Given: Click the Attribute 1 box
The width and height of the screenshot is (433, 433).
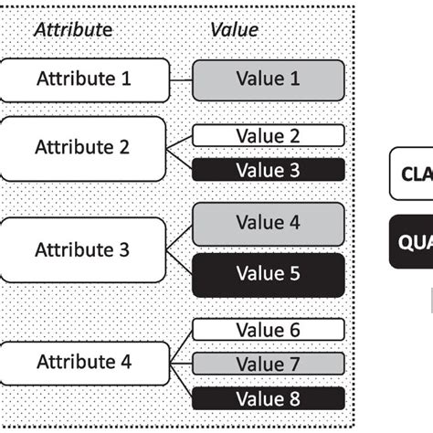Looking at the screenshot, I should click(x=84, y=79).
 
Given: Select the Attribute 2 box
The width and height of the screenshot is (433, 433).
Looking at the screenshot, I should click(x=84, y=146).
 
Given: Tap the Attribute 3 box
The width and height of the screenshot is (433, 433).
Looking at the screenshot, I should click(x=84, y=248).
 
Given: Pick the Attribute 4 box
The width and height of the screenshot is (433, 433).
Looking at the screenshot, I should click(x=84, y=362).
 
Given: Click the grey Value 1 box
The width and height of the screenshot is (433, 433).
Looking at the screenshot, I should click(x=268, y=79).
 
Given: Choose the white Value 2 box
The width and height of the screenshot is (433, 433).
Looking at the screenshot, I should click(x=268, y=136).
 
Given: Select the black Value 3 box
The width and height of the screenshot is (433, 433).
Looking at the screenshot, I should click(x=268, y=169).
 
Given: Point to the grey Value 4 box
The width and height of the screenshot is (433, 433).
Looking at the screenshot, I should click(x=268, y=222).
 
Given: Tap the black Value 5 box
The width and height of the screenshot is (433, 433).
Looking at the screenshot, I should click(x=268, y=273).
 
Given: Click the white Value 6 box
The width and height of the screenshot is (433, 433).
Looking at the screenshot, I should click(x=268, y=331).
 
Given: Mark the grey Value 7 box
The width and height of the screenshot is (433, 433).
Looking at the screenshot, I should click(x=268, y=364).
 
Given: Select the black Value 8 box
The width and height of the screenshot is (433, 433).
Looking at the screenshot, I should click(x=268, y=397).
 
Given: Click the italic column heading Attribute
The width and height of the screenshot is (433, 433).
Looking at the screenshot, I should click(x=73, y=30).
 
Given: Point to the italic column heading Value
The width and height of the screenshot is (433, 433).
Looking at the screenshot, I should click(x=234, y=30).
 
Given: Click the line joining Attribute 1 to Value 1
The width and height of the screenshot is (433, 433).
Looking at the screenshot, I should click(x=181, y=79).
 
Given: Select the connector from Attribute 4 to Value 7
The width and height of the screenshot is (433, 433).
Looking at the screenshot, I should click(x=181, y=363).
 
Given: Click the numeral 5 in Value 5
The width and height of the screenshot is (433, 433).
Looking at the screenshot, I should click(x=294, y=273).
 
